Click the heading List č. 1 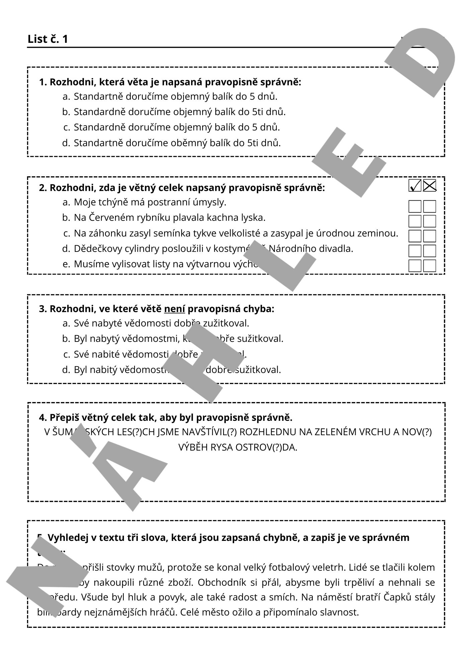pyautogui.click(x=48, y=39)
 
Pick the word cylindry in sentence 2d pyautogui.click(x=142, y=249)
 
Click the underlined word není pyautogui.click(x=174, y=309)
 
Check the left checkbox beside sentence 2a pyautogui.click(x=415, y=206)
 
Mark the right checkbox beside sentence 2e pyautogui.click(x=430, y=266)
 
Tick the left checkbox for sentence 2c pyautogui.click(x=415, y=236)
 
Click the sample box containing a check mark pyautogui.click(x=415, y=185)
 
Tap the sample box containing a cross pyautogui.click(x=430, y=185)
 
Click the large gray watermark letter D pyautogui.click(x=421, y=62)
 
